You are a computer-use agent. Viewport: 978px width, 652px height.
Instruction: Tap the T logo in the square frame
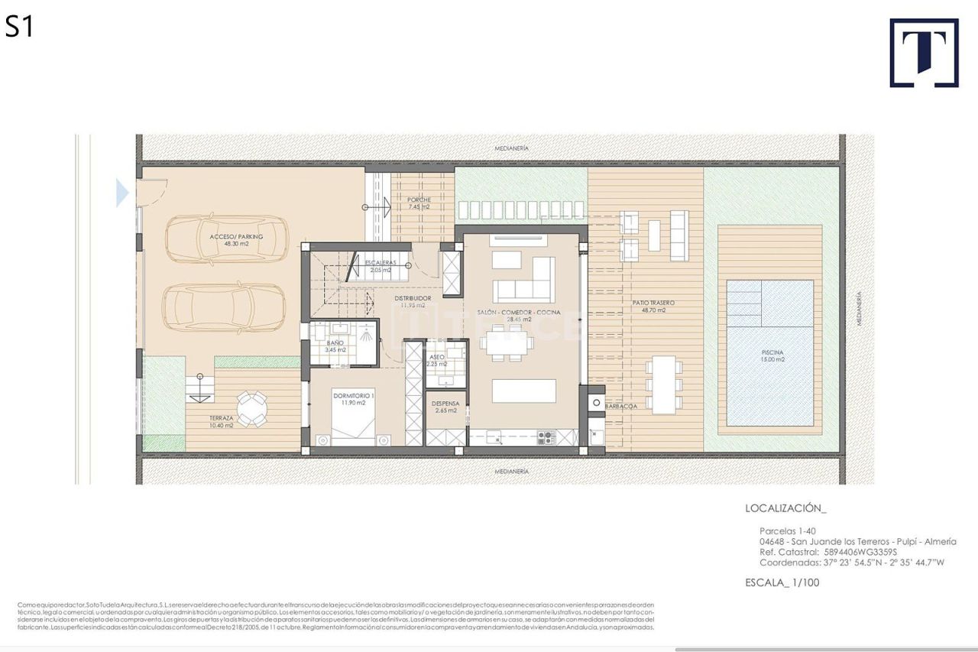[x=924, y=53]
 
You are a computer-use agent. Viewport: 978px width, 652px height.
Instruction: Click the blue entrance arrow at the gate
[x=122, y=193]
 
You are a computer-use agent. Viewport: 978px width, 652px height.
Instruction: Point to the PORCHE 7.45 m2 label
[x=418, y=203]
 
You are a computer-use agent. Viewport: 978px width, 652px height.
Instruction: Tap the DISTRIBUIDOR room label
[x=413, y=301]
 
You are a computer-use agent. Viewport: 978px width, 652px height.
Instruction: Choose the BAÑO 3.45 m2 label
[x=336, y=346]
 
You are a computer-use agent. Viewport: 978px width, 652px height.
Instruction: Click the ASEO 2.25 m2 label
[x=437, y=360]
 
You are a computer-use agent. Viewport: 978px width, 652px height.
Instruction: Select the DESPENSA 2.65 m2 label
[x=445, y=407]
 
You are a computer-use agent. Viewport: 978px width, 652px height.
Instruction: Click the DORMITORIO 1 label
[x=353, y=398]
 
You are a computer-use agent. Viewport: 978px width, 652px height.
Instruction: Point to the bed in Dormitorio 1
[x=353, y=424]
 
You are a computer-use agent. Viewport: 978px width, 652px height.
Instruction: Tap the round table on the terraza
[x=251, y=410]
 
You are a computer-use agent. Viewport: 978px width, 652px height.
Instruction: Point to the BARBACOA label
[x=620, y=407]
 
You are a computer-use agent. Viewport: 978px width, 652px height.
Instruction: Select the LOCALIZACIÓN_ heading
[x=785, y=508]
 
